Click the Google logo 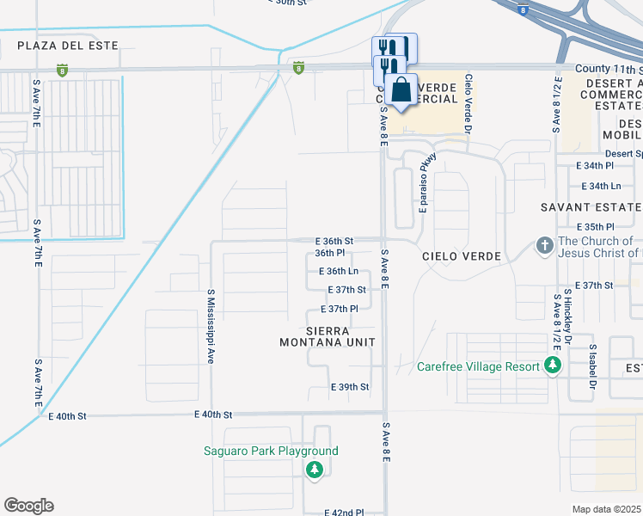(x=28, y=506)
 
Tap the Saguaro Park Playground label (x=271, y=451)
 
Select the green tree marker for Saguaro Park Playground (x=315, y=470)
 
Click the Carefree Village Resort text (x=478, y=366)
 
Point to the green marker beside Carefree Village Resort (x=553, y=366)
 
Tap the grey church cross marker (x=544, y=247)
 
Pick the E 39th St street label (x=350, y=388)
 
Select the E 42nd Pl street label (x=345, y=512)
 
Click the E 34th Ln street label (x=601, y=186)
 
